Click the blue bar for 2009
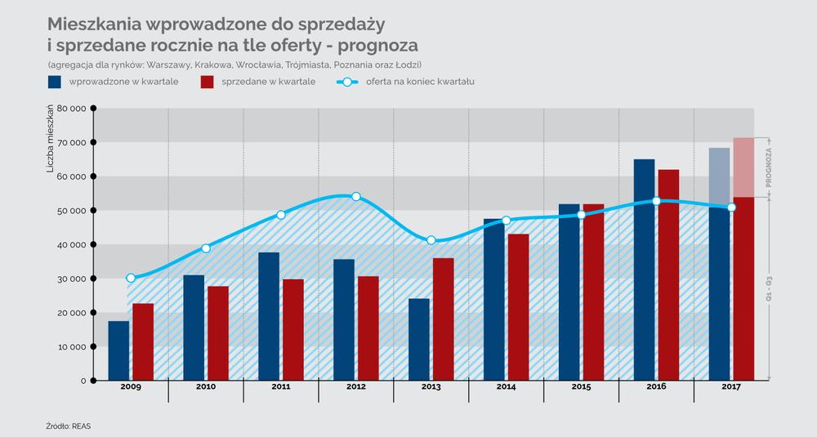118,350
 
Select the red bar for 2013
444,319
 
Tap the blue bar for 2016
644,270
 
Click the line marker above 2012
356,197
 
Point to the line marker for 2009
131,278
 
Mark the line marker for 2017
732,207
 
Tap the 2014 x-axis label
507,387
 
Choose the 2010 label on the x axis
206,387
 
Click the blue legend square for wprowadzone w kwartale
55,82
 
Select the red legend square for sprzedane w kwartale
207,82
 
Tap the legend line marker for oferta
347,82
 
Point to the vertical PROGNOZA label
770,167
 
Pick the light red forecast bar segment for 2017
744,167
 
